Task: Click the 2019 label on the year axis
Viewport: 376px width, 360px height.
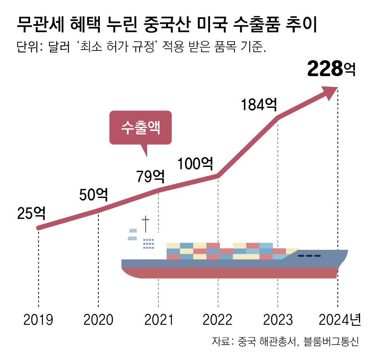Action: point(38,320)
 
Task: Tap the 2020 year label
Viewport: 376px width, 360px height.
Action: point(98,320)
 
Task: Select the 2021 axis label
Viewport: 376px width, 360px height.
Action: point(158,320)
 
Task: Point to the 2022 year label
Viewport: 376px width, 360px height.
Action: point(218,320)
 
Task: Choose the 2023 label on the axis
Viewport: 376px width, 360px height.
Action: point(278,320)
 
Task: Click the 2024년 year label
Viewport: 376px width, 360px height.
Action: point(340,320)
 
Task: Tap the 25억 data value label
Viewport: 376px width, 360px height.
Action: point(31,214)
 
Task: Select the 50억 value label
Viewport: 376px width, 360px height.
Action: point(93,195)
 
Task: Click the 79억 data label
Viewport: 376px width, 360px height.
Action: point(151,176)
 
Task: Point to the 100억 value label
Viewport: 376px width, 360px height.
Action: point(196,164)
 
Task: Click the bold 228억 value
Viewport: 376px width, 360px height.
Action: point(331,69)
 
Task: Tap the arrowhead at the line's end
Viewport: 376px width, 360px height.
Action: point(330,92)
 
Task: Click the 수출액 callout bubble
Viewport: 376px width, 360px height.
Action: point(140,128)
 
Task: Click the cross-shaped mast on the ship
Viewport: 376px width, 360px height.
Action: point(145,224)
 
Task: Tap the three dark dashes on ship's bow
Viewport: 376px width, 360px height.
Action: point(309,256)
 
